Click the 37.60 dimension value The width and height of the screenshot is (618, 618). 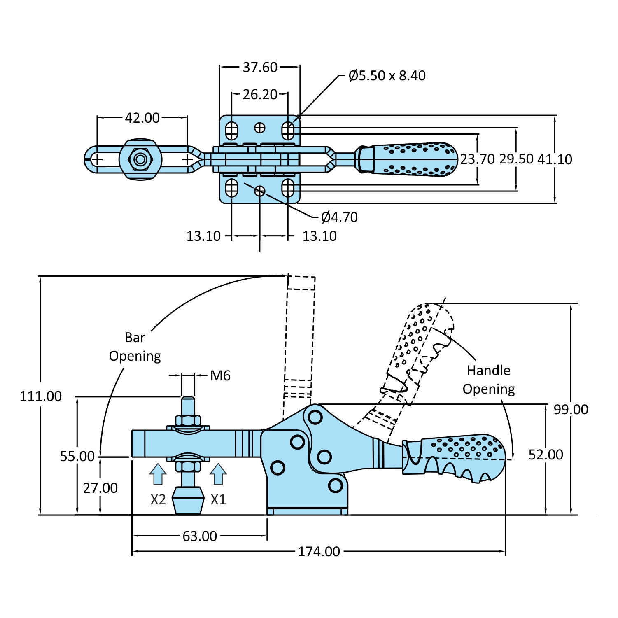click(260, 67)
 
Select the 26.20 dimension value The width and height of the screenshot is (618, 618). click(260, 94)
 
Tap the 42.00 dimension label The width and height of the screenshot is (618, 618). click(142, 118)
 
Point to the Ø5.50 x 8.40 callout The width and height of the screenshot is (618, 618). click(387, 76)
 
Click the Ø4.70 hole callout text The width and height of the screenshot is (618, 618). click(339, 217)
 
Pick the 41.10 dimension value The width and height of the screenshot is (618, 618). click(555, 159)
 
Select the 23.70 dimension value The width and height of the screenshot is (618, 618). click(477, 159)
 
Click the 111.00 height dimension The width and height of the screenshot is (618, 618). click(41, 396)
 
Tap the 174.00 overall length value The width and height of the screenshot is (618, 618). click(319, 551)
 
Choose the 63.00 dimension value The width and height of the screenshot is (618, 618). click(200, 536)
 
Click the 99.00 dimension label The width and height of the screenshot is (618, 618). click(571, 409)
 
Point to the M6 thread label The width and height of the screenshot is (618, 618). click(220, 375)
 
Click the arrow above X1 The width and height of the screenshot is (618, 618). click(218, 474)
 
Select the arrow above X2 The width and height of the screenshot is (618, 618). click(158, 474)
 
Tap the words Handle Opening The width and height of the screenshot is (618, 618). click(489, 380)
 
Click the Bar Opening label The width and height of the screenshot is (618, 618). click(135, 347)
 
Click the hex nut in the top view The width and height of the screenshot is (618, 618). click(140, 159)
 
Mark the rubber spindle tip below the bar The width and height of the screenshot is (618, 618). click(188, 500)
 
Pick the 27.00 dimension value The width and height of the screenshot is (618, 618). click(100, 488)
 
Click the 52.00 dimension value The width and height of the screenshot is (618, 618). click(546, 455)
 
